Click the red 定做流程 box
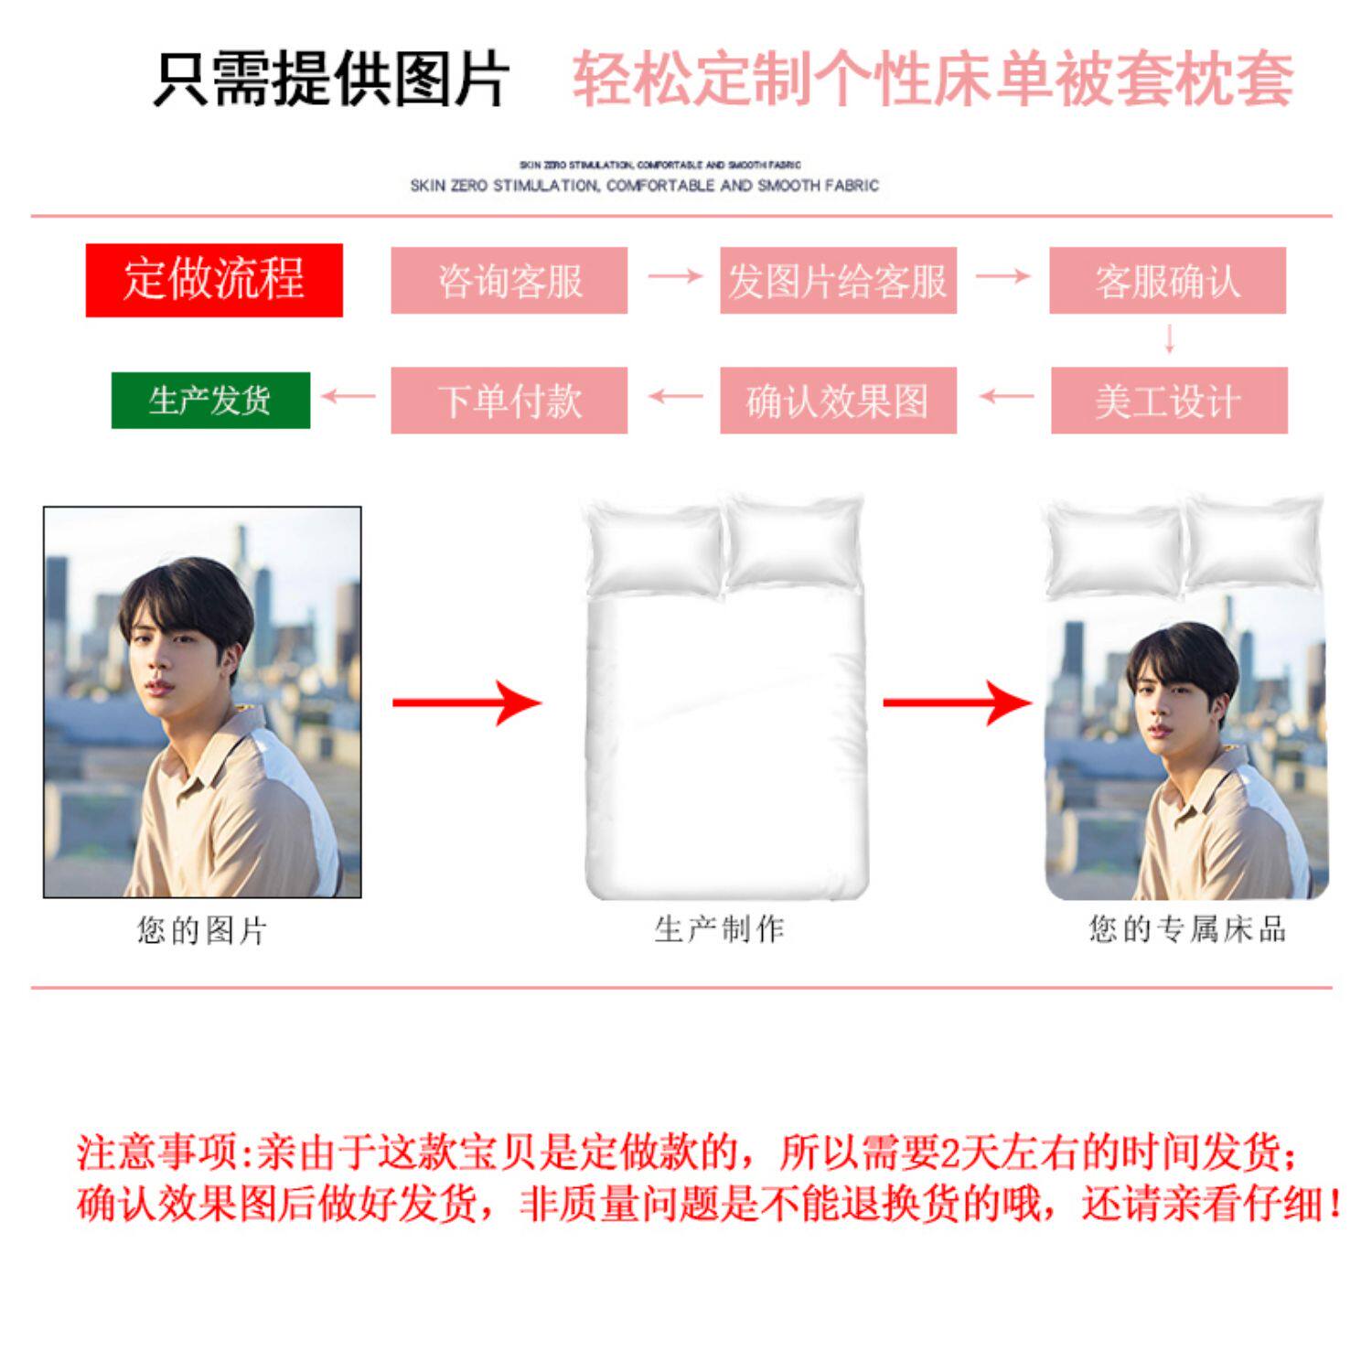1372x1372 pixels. (x=214, y=280)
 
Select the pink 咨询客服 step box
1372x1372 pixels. (x=509, y=281)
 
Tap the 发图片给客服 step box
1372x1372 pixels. (x=838, y=281)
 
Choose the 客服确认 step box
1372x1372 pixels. (x=1167, y=281)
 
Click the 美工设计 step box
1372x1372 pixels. (x=1169, y=401)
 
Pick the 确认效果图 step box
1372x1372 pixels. (x=838, y=401)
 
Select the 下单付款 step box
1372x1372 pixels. (x=509, y=401)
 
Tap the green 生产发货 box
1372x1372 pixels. (x=210, y=401)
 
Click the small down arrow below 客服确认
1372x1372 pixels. (x=1169, y=340)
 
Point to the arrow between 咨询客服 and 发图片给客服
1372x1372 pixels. (x=674, y=276)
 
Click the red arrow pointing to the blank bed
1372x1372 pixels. (x=466, y=702)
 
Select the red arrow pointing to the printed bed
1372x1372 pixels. (x=957, y=702)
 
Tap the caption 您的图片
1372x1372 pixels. (x=202, y=931)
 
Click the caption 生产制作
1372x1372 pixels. (x=720, y=929)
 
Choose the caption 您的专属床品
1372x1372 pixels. (x=1187, y=929)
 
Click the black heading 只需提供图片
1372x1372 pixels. (x=330, y=80)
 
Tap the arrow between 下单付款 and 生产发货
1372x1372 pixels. (x=348, y=397)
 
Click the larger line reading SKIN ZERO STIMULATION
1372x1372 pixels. (x=644, y=186)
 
